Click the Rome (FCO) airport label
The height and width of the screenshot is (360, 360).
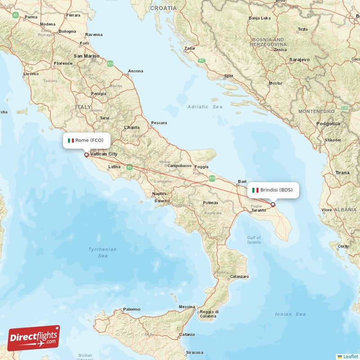(86, 140)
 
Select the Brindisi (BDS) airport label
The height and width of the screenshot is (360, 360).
(273, 190)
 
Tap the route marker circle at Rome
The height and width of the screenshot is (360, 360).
(86, 155)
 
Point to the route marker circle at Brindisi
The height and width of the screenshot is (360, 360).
(273, 205)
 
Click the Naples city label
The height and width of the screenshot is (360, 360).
(159, 194)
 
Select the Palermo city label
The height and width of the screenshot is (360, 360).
(131, 309)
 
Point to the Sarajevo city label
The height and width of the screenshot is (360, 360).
(300, 59)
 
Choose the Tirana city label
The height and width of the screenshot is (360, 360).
(342, 173)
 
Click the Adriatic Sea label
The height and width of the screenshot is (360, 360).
(205, 107)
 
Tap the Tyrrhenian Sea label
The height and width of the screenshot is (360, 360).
(103, 252)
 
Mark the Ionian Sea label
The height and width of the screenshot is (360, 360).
(290, 314)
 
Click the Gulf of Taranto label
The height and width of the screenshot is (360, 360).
(254, 240)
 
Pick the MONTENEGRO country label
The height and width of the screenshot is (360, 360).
(317, 111)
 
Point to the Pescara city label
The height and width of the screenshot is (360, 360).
(159, 122)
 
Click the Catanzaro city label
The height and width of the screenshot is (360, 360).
(239, 276)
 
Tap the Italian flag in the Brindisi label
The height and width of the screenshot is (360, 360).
(255, 190)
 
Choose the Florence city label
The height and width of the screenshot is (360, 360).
(63, 63)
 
